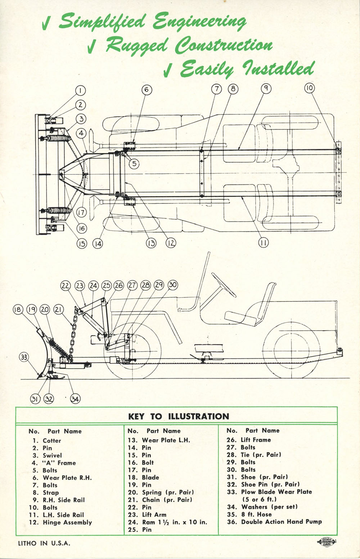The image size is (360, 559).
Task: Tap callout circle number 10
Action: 309,88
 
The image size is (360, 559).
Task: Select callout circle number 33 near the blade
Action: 24,357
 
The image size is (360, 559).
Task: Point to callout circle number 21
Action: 59,309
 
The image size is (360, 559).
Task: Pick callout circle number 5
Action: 134,164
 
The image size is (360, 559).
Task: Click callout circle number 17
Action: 82,213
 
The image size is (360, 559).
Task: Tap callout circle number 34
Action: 75,399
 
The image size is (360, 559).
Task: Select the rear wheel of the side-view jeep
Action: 292,350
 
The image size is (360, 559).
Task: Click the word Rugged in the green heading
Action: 137,45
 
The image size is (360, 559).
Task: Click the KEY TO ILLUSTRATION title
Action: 179,416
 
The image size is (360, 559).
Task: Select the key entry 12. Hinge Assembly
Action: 60,522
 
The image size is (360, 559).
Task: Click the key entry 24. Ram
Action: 167,522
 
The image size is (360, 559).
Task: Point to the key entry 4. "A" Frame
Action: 54,463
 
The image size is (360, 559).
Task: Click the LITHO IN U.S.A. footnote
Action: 44,543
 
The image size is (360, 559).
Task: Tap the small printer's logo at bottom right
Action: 327,542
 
